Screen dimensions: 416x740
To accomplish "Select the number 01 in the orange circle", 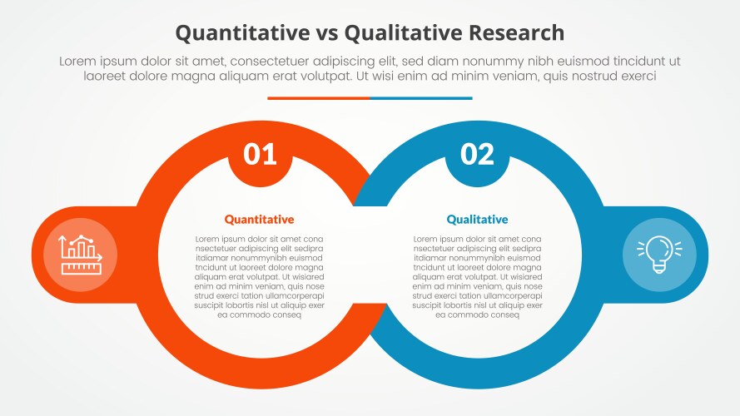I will tap(260, 154).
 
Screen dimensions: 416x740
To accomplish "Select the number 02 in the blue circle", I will tap(477, 154).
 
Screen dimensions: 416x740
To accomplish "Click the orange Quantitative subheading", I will tap(259, 220).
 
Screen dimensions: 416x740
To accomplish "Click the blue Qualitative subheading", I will tap(477, 220).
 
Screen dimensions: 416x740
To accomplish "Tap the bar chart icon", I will tap(79, 254).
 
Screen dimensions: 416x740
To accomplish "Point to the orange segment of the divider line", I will tap(318, 98).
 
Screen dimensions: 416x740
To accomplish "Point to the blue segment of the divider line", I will tap(420, 98).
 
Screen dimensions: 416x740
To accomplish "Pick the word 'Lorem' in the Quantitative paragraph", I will tap(208, 239).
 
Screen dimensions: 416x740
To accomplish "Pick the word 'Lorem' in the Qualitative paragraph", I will tap(426, 239).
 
